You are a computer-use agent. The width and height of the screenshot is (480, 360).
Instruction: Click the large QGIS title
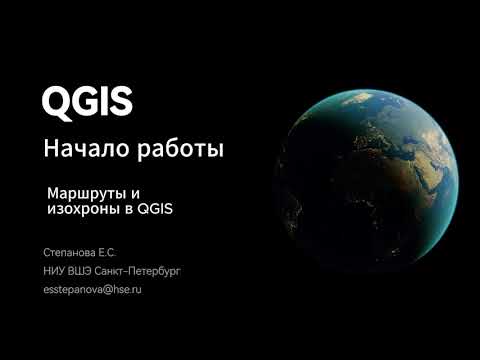(x=87, y=101)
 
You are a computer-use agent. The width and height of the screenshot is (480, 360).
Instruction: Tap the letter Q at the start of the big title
(x=56, y=101)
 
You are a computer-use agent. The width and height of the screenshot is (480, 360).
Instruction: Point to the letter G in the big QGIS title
(x=85, y=101)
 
